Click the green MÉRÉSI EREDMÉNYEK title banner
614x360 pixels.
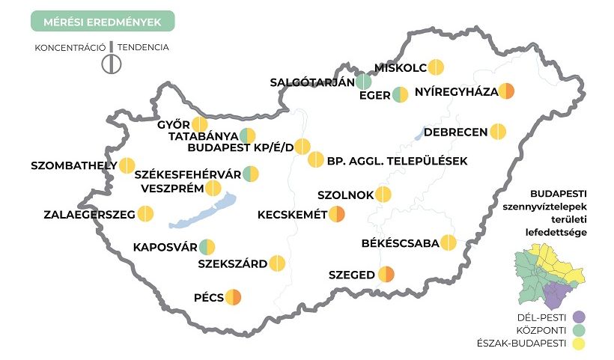pos(102,22)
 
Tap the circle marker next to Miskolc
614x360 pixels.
pos(437,67)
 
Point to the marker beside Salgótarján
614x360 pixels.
pos(364,82)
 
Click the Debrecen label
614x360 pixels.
pos(455,132)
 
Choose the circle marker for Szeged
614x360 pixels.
pos(386,275)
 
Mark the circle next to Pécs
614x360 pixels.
pos(233,297)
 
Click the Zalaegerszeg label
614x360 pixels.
pos(88,215)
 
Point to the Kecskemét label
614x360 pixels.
pos(292,215)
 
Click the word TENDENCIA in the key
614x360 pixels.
pos(143,47)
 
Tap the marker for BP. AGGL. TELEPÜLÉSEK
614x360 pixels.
pos(316,160)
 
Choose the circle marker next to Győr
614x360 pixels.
pos(199,125)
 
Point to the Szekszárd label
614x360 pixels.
pos(231,263)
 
